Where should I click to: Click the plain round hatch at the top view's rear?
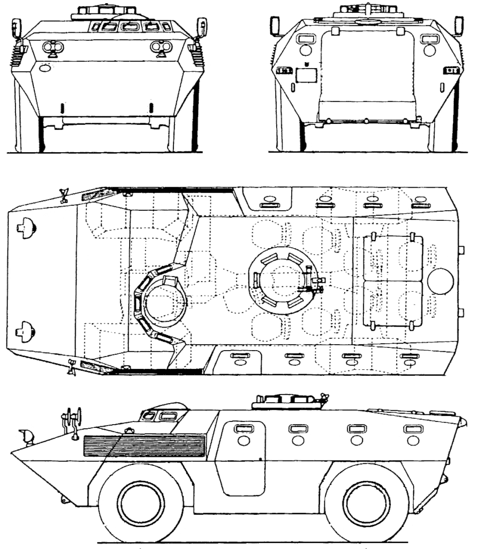pyautogui.click(x=442, y=281)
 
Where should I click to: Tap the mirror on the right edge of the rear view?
pyautogui.click(x=459, y=25)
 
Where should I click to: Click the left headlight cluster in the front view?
pyautogui.click(x=53, y=49)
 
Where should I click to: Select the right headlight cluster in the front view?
pyautogui.click(x=159, y=49)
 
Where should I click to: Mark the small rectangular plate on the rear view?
pyautogui.click(x=307, y=77)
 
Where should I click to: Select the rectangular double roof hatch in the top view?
pyautogui.click(x=393, y=281)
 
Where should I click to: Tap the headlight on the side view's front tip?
pyautogui.click(x=25, y=436)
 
